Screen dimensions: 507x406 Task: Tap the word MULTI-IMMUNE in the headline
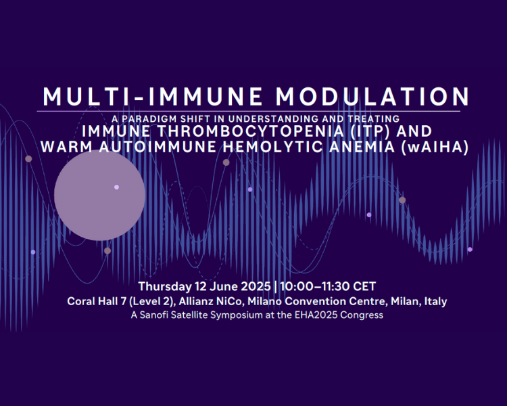pos(153,97)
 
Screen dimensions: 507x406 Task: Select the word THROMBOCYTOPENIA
pos(251,131)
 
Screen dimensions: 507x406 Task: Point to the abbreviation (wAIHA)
pos(435,147)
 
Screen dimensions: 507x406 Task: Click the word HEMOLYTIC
pos(272,147)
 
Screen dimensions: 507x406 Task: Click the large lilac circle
pos(99,196)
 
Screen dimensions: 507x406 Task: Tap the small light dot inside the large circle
pos(117,187)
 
